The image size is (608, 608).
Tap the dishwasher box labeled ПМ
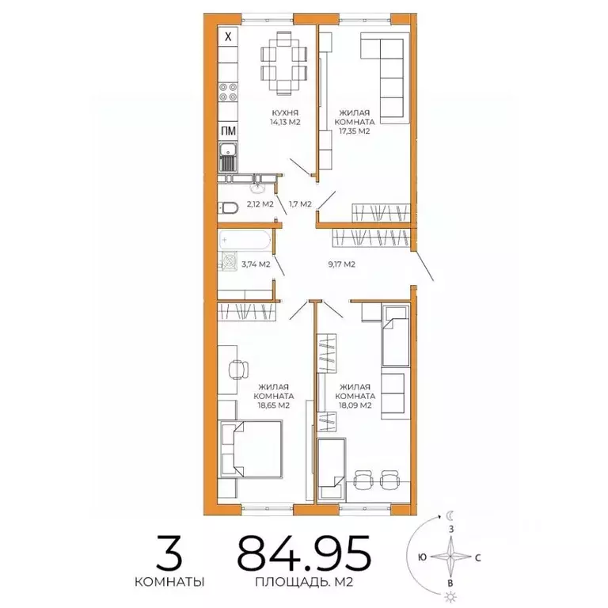(228, 131)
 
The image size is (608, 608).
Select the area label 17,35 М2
(354, 131)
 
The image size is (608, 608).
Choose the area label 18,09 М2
(355, 405)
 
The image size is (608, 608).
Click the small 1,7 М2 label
(301, 203)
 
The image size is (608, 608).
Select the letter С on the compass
(478, 556)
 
